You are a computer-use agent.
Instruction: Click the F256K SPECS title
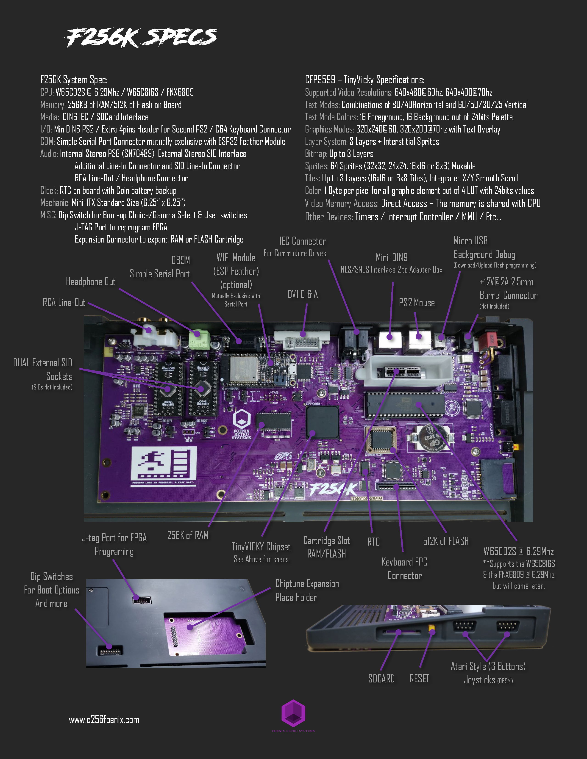coord(141,38)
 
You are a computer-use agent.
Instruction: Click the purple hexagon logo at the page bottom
coord(293,713)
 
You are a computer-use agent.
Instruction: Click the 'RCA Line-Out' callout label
coord(64,302)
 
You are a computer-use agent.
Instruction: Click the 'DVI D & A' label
coord(303,294)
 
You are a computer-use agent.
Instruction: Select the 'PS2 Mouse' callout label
coord(417,303)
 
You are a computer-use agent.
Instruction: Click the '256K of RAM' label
coord(188,535)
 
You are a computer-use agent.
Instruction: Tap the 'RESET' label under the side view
coord(419,678)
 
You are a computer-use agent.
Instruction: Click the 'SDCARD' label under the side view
coord(381,678)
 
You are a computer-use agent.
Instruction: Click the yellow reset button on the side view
coord(431,627)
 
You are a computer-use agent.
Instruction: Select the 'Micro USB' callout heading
coord(470,241)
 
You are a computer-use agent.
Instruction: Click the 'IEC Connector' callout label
coord(303,241)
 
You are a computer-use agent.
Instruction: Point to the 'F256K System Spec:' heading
coord(74,80)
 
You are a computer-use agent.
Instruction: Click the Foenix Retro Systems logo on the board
coord(241,424)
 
